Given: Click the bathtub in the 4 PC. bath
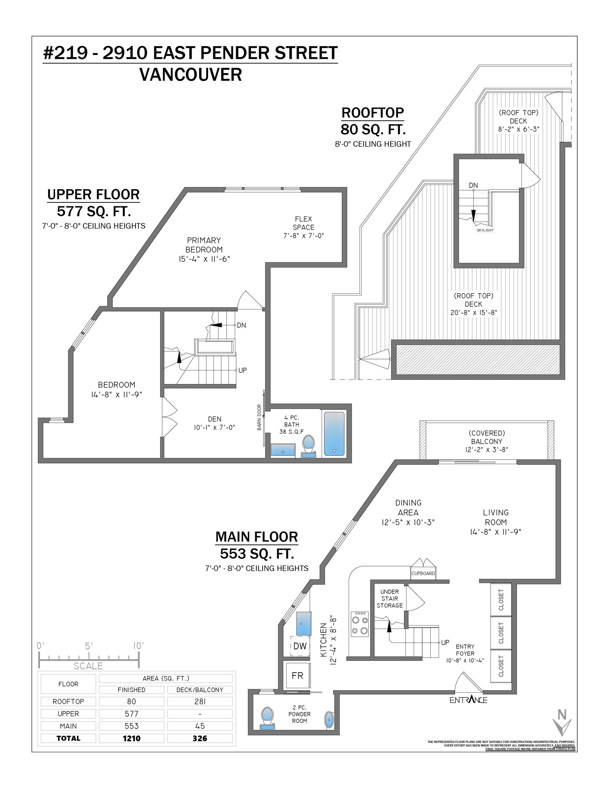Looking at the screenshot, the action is tap(334, 434).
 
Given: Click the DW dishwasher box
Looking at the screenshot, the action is tap(300, 646).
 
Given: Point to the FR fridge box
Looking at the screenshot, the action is tap(297, 675).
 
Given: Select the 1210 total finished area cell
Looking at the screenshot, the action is tap(131, 738).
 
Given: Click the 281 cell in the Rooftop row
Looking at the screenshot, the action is tap(199, 701).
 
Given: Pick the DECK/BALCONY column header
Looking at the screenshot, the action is tap(199, 689).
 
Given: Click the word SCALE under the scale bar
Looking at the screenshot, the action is tap(88, 666).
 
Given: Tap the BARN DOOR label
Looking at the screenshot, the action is tap(259, 418).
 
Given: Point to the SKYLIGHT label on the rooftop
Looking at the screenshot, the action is tap(485, 230).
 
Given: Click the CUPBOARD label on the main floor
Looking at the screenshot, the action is tap(423, 573).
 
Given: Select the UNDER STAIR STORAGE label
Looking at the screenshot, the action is tap(389, 599).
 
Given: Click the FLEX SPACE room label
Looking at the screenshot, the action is tap(303, 223).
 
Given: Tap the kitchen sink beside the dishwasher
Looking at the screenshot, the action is tap(303, 623).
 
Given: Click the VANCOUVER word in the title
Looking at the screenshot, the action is tap(191, 75).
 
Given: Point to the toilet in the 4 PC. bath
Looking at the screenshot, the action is tap(308, 446).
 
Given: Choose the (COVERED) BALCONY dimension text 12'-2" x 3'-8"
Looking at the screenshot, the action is tap(486, 449).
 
